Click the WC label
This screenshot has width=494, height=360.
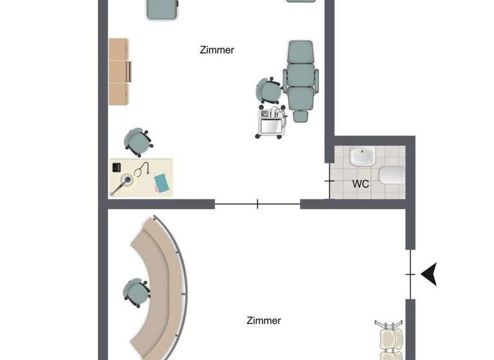(361, 183)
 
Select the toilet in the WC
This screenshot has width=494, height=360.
(392, 175)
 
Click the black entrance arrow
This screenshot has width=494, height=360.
(429, 274)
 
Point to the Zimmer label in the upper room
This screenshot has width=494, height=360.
(217, 50)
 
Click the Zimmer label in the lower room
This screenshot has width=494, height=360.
(264, 320)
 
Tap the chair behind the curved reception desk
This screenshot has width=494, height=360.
(136, 291)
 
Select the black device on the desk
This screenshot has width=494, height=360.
(117, 167)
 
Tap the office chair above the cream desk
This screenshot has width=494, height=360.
(138, 141)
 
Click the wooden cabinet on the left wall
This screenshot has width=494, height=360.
(119, 71)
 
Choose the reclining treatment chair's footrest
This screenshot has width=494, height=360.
(299, 114)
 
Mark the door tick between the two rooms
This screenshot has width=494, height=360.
(257, 204)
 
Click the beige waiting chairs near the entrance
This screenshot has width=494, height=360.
(390, 341)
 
